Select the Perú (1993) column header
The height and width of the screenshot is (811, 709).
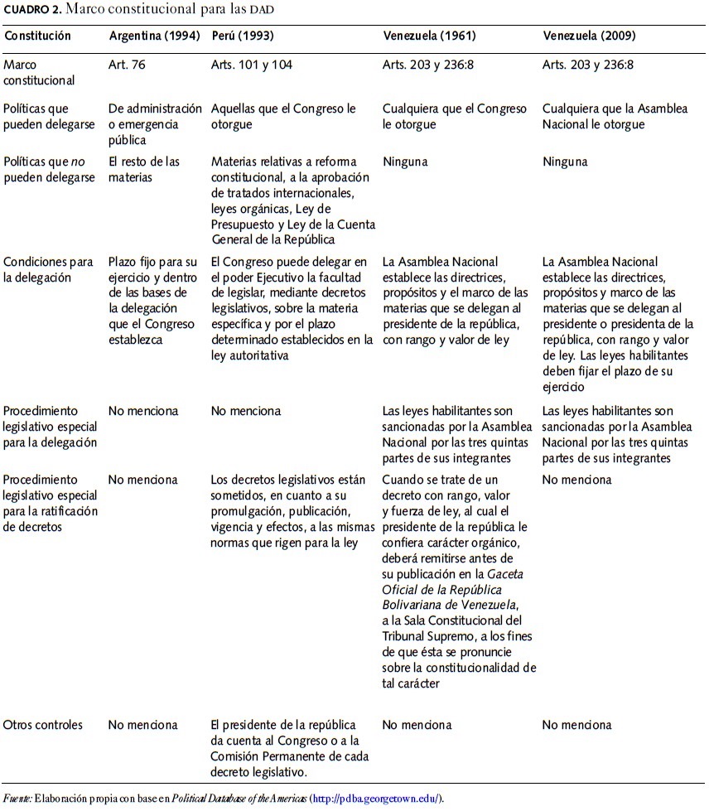pyautogui.click(x=243, y=36)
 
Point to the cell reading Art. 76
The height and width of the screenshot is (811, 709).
pyautogui.click(x=127, y=65)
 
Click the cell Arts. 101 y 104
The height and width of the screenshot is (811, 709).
pyautogui.click(x=251, y=65)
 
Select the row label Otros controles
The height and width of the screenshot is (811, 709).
pyautogui.click(x=43, y=725)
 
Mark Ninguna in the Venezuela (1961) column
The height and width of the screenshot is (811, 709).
pyautogui.click(x=405, y=162)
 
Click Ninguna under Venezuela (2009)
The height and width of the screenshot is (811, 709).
pyautogui.click(x=565, y=162)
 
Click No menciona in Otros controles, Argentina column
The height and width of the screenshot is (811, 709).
pyautogui.click(x=142, y=725)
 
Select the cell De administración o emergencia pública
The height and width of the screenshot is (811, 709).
pyautogui.click(x=155, y=123)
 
